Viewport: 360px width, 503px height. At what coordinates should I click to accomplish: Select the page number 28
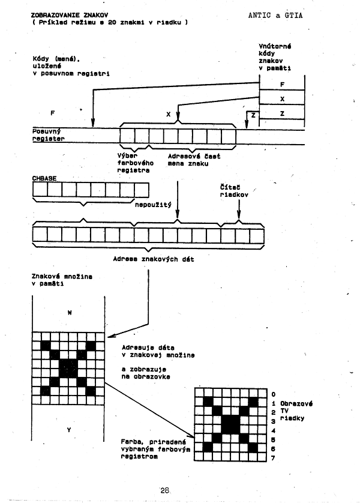(165, 490)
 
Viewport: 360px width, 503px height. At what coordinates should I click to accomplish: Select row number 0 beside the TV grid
(272, 394)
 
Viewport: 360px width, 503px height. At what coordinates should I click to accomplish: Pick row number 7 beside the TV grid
(272, 458)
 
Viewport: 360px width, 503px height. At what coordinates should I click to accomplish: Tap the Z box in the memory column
(281, 113)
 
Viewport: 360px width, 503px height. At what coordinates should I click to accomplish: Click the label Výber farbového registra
(133, 163)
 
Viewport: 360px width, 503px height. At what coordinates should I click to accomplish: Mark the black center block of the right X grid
(230, 425)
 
